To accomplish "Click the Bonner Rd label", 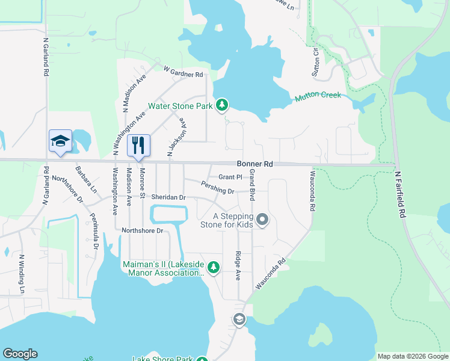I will click(x=255, y=164).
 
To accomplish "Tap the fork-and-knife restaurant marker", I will click(x=139, y=144).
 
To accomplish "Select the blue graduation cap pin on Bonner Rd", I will click(x=60, y=141).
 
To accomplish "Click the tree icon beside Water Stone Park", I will click(x=223, y=105).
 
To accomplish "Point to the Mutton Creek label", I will click(x=318, y=96).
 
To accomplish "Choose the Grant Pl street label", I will click(x=230, y=177).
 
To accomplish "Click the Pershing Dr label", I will click(x=218, y=188).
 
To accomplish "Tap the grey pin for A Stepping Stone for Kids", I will click(x=262, y=220).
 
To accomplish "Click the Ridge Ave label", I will click(x=238, y=266).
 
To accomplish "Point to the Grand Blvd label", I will click(x=253, y=185).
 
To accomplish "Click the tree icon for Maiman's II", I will click(x=213, y=267).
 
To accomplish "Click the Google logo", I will click(x=20, y=354).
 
